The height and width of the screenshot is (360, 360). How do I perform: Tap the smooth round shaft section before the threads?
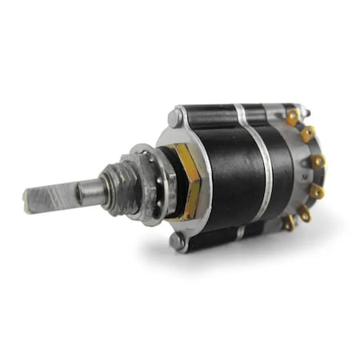click(x=90, y=191)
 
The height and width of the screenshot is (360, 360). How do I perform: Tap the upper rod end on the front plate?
click(x=174, y=118)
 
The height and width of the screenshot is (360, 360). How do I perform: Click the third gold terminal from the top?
click(x=318, y=161)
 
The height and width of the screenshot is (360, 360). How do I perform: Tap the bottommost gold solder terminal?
click(x=288, y=225)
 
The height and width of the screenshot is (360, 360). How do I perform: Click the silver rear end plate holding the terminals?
click(x=300, y=172)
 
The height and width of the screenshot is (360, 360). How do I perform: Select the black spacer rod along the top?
click(x=216, y=113)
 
